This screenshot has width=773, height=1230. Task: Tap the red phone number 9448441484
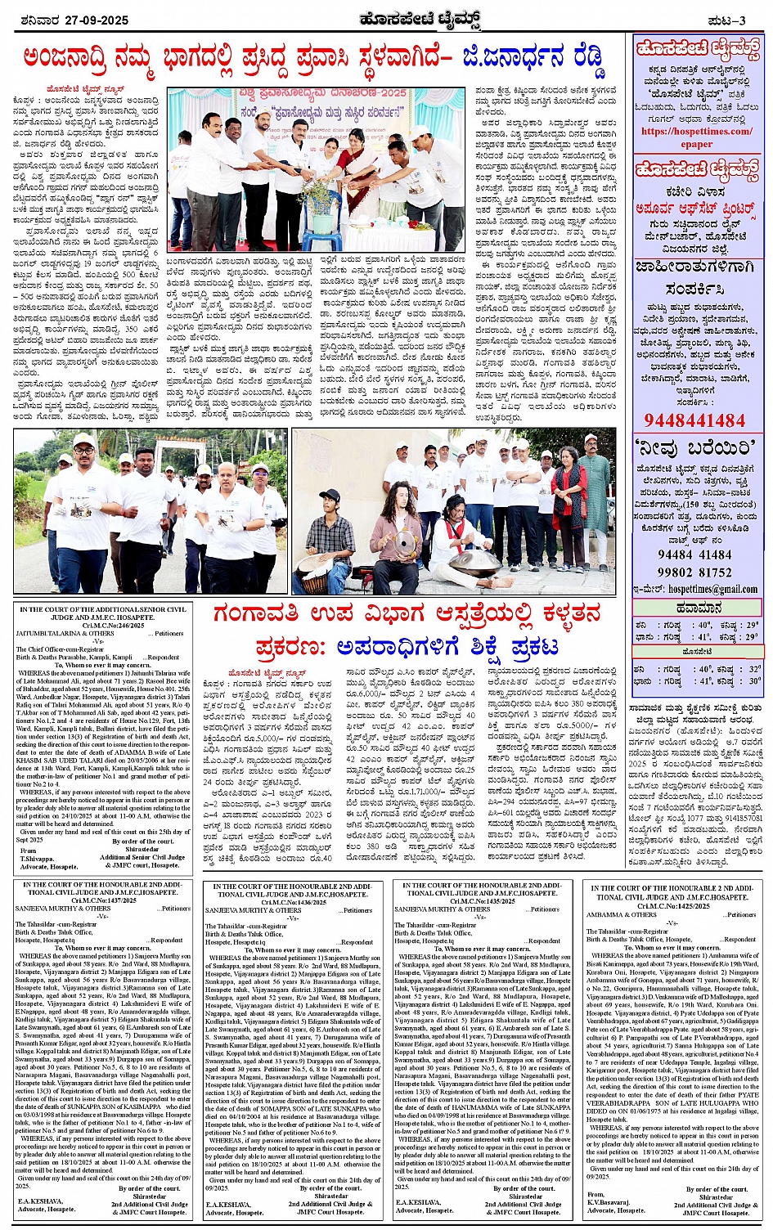point(694,420)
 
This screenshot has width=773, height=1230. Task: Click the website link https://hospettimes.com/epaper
point(696,137)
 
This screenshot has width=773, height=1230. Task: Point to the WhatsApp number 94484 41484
point(694,554)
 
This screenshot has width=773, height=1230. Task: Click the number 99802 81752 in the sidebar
point(694,572)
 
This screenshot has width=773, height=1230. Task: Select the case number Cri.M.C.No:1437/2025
point(103,900)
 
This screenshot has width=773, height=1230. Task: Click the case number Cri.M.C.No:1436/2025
point(293,900)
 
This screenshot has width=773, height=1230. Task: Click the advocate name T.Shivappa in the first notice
point(37,858)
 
